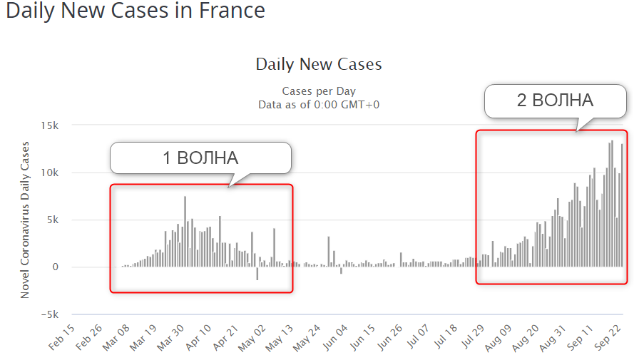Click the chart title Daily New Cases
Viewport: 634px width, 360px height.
(319, 64)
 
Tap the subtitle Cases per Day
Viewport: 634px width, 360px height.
(319, 91)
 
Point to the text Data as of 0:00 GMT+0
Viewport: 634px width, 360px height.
(319, 104)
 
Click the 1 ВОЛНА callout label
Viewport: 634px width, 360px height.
(200, 158)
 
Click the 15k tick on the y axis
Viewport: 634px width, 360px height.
(49, 125)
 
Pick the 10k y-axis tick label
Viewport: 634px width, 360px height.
(49, 173)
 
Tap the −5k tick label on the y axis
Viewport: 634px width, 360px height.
(47, 314)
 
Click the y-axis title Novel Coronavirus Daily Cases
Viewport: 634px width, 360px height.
(26, 220)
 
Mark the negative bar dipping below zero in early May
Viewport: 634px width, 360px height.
(257, 273)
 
